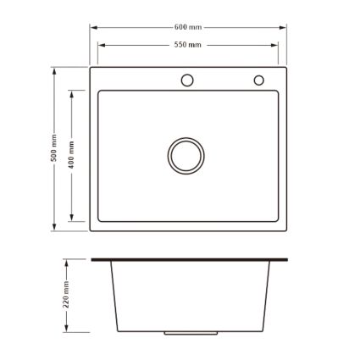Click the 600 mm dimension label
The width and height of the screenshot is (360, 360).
(188, 27)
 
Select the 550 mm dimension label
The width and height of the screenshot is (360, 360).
(188, 45)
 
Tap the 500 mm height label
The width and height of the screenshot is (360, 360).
(53, 148)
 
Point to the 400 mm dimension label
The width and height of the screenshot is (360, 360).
(71, 155)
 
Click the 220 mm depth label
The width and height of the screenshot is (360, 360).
(66, 295)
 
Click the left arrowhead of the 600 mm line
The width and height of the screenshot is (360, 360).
(94, 28)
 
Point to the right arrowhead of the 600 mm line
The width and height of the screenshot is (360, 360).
(283, 28)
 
